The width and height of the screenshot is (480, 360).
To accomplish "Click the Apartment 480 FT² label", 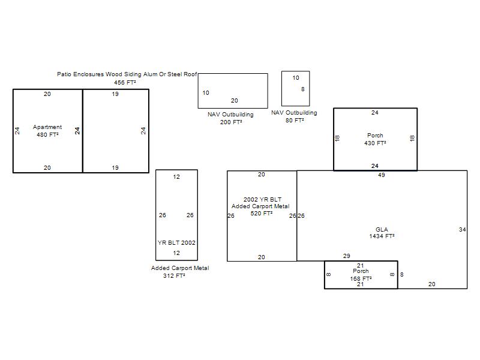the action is [47, 131].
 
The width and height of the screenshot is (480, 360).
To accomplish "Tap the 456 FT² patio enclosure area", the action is [125, 82].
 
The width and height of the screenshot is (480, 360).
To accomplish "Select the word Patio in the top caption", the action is [64, 74].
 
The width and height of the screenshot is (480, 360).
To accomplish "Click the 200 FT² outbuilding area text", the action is [231, 122].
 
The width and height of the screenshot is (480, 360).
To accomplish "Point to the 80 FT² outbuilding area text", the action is [295, 121].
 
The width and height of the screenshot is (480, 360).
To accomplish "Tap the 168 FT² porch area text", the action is [361, 278].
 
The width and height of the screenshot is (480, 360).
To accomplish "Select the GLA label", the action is [382, 229].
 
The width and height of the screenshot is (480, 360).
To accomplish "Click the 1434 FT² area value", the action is [382, 236].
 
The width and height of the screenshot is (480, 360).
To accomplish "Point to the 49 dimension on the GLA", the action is [382, 175].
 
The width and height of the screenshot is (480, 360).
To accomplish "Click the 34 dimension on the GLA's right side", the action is [462, 229].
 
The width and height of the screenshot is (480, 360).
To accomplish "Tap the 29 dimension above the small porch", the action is [347, 256].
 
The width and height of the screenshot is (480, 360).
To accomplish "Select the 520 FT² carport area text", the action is [262, 214].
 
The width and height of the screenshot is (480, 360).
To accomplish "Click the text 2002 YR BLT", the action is [262, 199].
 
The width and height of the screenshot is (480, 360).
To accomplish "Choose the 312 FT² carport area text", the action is [174, 275].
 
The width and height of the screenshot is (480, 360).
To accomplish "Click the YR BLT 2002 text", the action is [176, 243].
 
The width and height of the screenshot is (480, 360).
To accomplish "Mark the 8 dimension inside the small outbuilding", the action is [303, 89].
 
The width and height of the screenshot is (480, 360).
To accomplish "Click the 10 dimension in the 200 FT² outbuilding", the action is [206, 92].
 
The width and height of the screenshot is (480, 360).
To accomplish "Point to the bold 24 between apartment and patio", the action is [77, 131].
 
